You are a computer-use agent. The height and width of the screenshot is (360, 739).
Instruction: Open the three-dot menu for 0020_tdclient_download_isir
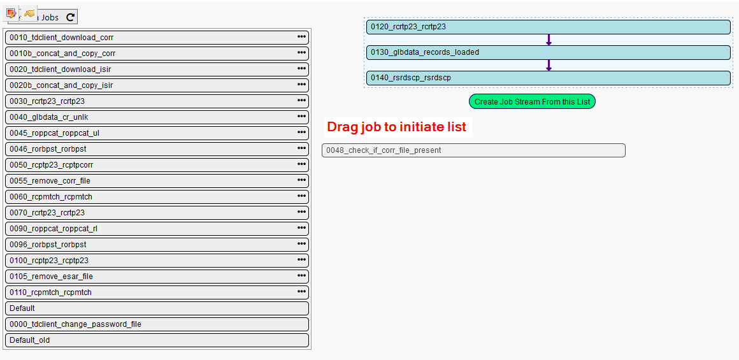301,69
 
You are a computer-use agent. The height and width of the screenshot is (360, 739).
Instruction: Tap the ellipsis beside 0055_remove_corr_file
301,180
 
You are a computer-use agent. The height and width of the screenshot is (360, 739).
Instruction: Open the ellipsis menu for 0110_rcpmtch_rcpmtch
301,292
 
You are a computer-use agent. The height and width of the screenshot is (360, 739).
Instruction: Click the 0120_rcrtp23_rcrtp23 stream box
548,27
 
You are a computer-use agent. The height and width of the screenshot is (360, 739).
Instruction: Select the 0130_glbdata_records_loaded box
548,52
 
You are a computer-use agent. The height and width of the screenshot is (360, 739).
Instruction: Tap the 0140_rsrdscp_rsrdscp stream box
548,78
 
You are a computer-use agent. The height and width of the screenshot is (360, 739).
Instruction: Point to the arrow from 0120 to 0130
549,40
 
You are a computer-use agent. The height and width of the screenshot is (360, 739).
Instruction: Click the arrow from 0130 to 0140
549,66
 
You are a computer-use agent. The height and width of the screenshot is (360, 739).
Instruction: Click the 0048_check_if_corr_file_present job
473,150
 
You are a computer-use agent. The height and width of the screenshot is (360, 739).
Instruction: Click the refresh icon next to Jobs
70,18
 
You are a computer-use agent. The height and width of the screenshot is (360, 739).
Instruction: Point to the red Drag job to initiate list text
396,127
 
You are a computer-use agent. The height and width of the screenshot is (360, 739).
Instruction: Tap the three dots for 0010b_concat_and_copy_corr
301,53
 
